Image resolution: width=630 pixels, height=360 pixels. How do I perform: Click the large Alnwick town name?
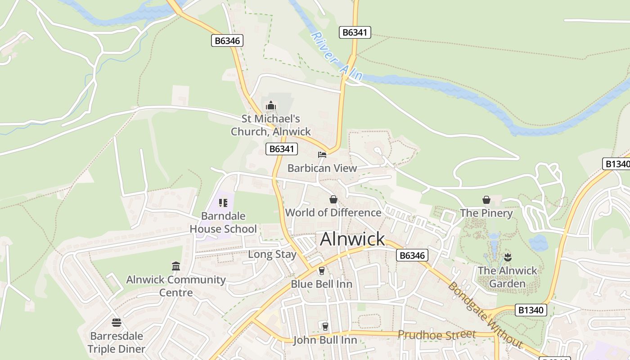(x=352, y=239)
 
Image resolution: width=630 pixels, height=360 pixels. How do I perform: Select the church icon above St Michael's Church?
(x=270, y=106)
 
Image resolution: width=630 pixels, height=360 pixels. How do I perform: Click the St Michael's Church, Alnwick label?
(x=271, y=125)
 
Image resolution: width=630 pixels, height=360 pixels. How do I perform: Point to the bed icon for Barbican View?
(x=322, y=155)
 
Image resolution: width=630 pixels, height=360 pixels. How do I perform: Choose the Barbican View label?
(x=322, y=168)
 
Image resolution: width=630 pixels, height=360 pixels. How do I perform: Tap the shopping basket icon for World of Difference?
(x=333, y=199)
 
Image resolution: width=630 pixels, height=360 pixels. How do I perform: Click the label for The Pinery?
(x=486, y=213)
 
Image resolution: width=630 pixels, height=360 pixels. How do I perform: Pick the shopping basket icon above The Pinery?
(x=486, y=199)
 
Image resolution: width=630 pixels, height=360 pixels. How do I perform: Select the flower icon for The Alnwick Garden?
(x=508, y=257)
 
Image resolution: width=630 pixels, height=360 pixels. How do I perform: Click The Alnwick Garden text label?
(x=508, y=277)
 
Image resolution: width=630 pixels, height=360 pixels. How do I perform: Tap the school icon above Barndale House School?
(x=223, y=203)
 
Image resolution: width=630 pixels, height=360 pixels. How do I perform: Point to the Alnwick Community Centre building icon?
(x=176, y=266)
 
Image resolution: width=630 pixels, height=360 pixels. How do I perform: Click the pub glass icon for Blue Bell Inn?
(x=321, y=270)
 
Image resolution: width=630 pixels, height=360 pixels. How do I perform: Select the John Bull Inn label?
(x=325, y=340)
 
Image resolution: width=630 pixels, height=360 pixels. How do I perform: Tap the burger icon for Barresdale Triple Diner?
(x=117, y=323)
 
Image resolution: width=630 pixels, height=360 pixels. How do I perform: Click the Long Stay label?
(x=272, y=254)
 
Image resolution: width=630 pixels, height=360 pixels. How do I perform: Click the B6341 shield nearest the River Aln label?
(x=355, y=32)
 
